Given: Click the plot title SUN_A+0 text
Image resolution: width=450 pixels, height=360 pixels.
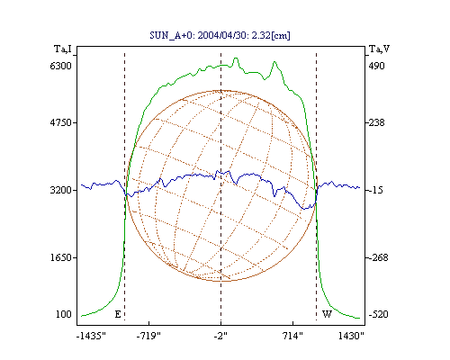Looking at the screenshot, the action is click(220, 35).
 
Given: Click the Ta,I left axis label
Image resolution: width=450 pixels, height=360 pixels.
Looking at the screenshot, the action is click(63, 49).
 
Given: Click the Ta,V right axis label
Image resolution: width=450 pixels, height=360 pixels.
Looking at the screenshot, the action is click(379, 49).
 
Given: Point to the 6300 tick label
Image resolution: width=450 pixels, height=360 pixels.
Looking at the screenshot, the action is click(61, 66).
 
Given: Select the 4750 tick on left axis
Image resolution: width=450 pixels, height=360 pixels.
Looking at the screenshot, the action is click(61, 122).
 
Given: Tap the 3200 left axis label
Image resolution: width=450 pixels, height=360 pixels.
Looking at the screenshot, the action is click(61, 190).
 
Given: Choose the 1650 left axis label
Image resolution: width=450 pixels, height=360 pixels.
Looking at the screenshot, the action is click(61, 257).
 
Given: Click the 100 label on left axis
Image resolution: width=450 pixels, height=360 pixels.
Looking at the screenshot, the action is click(64, 314).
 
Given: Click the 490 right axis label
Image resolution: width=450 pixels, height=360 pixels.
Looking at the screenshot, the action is click(376, 66).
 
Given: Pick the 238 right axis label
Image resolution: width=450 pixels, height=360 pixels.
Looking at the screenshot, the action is click(376, 122).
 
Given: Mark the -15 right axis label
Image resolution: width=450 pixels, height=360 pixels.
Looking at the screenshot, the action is click(376, 190).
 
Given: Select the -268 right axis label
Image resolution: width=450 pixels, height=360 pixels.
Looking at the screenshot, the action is click(378, 257).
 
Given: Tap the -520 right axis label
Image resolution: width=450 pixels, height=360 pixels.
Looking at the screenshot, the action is click(378, 314).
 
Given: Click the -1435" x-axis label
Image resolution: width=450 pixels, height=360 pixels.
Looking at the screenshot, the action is click(91, 336).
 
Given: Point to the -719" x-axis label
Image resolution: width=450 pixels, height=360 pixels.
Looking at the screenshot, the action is click(148, 336).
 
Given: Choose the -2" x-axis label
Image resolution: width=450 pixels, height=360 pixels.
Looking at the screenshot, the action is click(220, 336).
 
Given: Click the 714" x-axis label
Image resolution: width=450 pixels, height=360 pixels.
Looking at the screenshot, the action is click(293, 336).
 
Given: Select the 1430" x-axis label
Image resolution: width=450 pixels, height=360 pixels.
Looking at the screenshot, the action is click(351, 336).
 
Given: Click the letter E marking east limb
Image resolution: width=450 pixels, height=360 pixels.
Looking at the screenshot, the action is click(118, 314).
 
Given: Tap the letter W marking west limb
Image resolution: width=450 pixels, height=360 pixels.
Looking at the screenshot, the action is click(327, 314).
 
